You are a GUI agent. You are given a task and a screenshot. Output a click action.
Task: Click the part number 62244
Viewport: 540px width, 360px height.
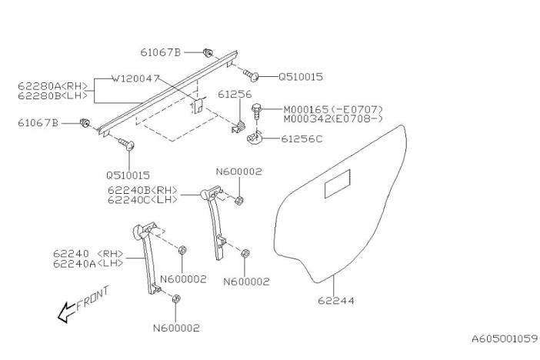[x=336, y=301]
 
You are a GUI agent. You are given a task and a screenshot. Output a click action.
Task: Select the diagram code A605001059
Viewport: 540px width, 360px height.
[x=505, y=339]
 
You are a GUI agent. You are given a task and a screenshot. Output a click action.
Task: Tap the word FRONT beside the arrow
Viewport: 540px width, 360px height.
[x=92, y=298]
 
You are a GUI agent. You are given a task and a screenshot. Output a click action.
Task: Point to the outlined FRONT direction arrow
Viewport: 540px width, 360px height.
[x=66, y=312]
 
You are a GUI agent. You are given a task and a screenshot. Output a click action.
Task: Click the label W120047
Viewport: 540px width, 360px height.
[x=135, y=78]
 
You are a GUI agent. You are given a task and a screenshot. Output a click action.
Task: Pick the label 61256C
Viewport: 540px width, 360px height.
[x=302, y=138]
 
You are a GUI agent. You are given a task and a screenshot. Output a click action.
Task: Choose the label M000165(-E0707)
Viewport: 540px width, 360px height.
[x=333, y=109]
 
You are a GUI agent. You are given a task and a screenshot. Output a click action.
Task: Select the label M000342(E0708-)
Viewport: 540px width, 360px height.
[x=333, y=119]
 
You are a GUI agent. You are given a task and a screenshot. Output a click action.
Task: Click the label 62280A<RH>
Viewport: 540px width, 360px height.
[x=52, y=86]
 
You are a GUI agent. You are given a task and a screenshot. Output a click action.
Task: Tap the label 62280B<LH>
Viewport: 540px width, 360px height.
[x=52, y=95]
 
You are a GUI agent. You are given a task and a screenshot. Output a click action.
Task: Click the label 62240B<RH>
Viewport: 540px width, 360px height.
[x=142, y=190]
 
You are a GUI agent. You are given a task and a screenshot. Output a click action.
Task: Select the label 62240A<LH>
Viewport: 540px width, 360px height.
[x=88, y=264]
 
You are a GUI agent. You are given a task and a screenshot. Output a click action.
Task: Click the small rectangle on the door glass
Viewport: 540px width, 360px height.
[x=338, y=184]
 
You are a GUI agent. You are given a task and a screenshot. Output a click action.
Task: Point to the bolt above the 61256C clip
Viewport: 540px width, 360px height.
[x=256, y=111]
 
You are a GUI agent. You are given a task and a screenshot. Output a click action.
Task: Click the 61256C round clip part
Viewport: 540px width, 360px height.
[x=255, y=138]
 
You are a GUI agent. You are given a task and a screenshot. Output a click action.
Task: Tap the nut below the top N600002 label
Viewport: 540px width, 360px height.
[x=239, y=200]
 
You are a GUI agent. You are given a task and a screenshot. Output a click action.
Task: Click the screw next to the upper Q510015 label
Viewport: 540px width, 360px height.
[x=251, y=75]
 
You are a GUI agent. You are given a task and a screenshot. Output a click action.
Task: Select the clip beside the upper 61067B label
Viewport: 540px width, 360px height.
[x=208, y=53]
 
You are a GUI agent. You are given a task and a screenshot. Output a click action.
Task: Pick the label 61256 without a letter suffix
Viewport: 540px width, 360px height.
[x=235, y=95]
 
